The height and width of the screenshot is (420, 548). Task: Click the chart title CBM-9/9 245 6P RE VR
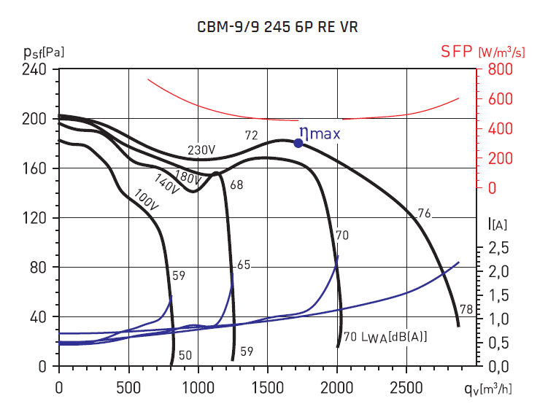tap(278, 28)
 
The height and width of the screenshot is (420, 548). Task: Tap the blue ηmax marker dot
tap(298, 143)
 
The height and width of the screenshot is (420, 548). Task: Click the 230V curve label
tap(201, 150)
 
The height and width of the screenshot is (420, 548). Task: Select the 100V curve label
tap(145, 198)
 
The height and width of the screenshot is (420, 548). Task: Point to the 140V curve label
tap(166, 184)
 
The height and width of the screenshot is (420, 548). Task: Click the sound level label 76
tap(425, 214)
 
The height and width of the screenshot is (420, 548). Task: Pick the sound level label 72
tap(252, 135)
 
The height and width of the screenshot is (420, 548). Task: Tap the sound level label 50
tap(185, 355)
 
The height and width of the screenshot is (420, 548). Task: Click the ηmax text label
tap(320, 133)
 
